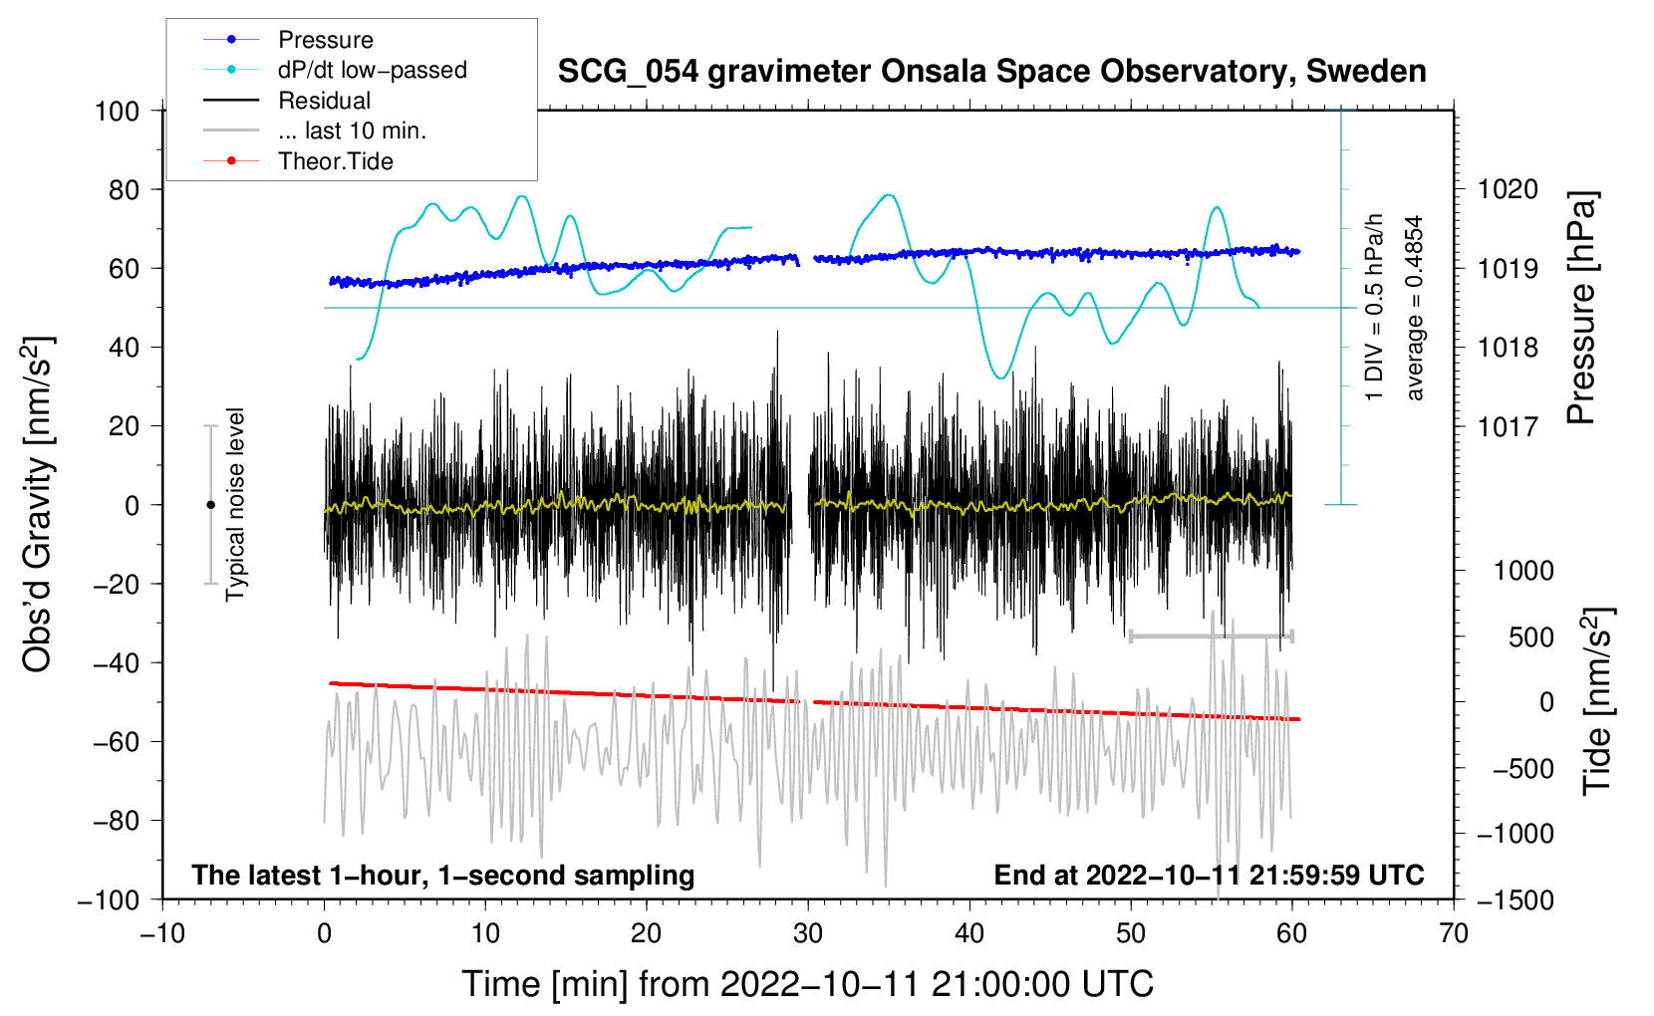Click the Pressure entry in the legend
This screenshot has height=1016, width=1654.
[x=325, y=40]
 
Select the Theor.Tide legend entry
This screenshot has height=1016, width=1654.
[x=335, y=161]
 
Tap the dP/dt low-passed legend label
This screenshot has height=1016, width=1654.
[x=372, y=70]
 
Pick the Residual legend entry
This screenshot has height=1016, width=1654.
[x=324, y=101]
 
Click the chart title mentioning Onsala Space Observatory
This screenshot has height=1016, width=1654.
[x=991, y=72]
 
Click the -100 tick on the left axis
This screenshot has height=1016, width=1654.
[x=110, y=899]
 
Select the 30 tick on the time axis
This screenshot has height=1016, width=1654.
[x=808, y=933]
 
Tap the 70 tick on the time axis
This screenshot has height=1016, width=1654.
[x=1454, y=933]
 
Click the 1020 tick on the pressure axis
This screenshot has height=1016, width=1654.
[x=1509, y=189]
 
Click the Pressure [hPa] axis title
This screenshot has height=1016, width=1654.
[x=1581, y=309]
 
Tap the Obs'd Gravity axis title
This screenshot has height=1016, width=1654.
[x=38, y=504]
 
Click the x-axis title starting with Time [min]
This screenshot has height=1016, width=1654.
[x=808, y=984]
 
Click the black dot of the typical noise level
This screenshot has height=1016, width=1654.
[x=210, y=505]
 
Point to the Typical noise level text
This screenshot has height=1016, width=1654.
[x=235, y=504]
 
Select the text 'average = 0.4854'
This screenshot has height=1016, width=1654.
[x=1414, y=309]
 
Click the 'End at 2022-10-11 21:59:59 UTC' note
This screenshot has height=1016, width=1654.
[x=1209, y=876]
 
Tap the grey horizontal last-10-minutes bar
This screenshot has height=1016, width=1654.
[x=1211, y=635]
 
